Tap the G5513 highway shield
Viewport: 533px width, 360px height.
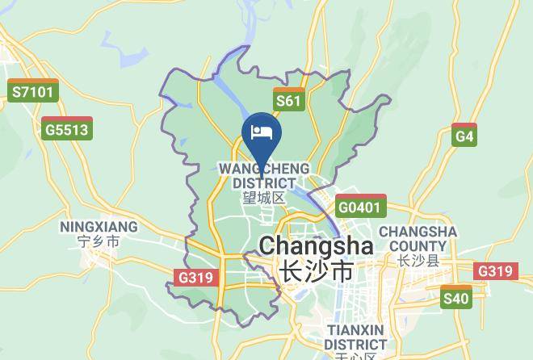click(66, 128)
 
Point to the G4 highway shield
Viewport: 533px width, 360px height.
click(464, 135)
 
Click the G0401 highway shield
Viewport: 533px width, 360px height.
click(359, 206)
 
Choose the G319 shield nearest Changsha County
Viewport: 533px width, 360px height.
click(495, 271)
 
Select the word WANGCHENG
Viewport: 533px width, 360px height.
click(264, 168)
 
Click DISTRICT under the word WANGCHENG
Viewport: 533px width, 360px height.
click(264, 182)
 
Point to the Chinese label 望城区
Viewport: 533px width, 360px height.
click(264, 198)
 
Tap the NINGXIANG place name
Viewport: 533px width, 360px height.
click(99, 227)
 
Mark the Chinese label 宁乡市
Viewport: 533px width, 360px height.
click(99, 241)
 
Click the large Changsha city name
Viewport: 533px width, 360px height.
click(315, 245)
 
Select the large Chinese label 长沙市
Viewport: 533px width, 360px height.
click(315, 272)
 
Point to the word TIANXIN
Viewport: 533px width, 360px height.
click(355, 330)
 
